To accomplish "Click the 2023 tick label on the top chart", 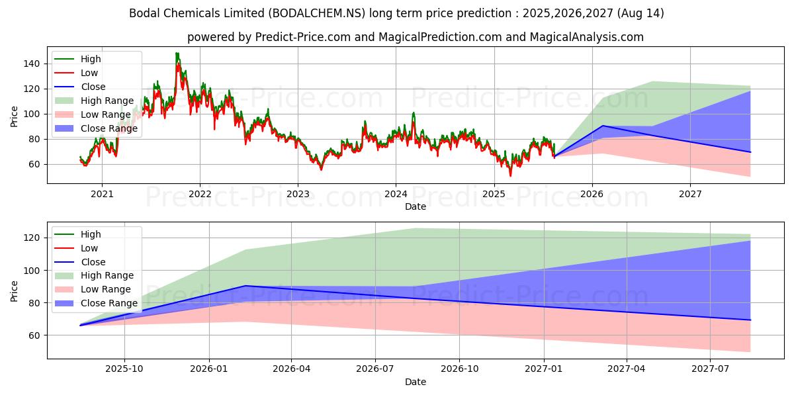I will click(298, 194).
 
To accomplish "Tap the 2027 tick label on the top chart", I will click(690, 194).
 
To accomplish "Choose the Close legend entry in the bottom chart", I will click(93, 262).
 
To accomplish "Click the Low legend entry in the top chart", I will click(89, 73).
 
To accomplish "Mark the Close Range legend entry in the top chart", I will click(109, 128).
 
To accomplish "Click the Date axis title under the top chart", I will click(416, 206).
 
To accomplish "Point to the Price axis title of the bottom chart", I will click(14, 290).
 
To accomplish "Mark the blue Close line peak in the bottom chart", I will click(245, 286).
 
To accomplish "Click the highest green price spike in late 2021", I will click(177, 53).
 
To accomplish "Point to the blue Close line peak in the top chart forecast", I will click(603, 126).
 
